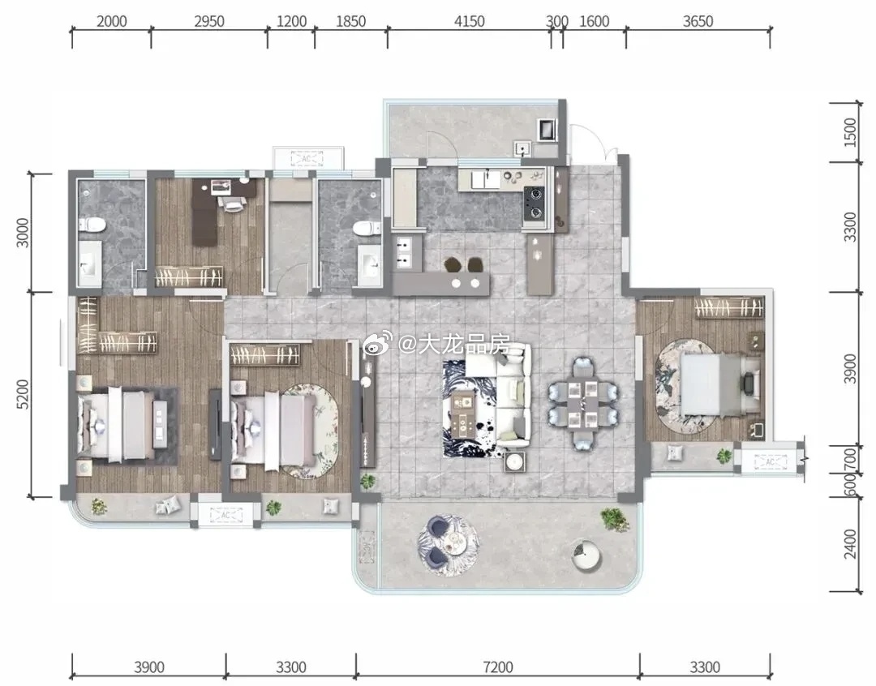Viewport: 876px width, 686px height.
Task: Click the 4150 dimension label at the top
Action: [x=470, y=21]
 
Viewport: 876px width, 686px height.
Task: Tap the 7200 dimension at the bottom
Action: [x=498, y=667]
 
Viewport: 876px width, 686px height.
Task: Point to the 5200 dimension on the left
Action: [x=23, y=394]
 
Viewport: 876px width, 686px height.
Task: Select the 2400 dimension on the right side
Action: [x=850, y=543]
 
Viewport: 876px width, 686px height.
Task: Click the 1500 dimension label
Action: [x=850, y=132]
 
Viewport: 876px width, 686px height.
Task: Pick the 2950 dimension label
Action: [x=209, y=21]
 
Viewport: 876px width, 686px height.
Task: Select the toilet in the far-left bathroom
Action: [x=92, y=225]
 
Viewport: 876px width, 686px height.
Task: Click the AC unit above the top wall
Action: [x=307, y=159]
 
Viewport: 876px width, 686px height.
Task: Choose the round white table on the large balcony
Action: [x=586, y=555]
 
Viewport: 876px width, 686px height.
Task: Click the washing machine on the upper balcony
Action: [x=547, y=130]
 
